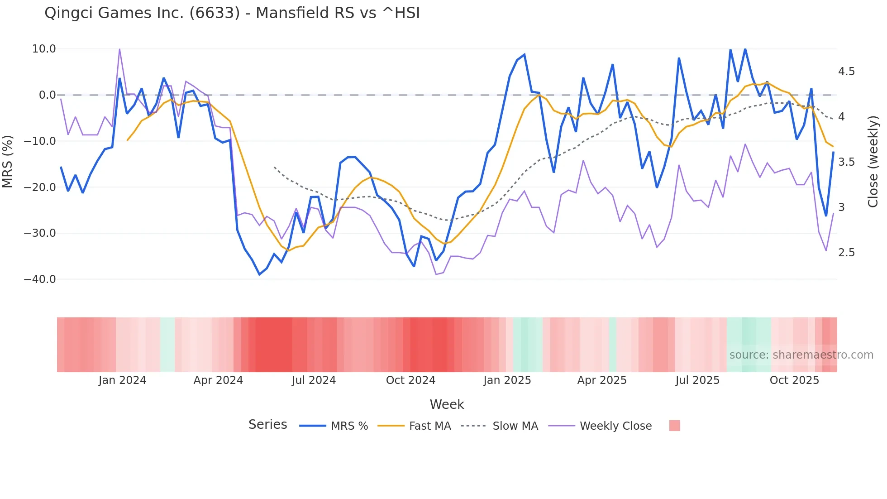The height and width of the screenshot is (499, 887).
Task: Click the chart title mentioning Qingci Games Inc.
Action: (x=232, y=13)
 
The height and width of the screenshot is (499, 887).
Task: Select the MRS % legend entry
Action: (x=334, y=426)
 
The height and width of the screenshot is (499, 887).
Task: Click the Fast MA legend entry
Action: (x=414, y=426)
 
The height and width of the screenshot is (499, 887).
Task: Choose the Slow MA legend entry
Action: (x=500, y=426)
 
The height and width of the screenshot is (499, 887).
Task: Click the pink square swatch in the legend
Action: (x=674, y=426)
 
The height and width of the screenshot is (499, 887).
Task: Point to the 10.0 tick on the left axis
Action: (x=44, y=49)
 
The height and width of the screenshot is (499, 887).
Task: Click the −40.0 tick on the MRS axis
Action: (x=40, y=279)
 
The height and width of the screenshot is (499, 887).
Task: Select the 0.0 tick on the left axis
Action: (x=47, y=95)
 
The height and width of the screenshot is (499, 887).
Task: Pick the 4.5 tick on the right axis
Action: (x=846, y=72)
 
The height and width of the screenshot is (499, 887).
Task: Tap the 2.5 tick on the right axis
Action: (x=846, y=253)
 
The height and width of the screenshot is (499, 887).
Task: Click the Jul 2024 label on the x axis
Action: (x=314, y=380)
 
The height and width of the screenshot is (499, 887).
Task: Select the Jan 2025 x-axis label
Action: (x=507, y=380)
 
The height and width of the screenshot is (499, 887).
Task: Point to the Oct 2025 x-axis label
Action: (x=794, y=380)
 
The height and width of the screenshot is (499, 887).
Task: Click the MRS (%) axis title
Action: (x=7, y=162)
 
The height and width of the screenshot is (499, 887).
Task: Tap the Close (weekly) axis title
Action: (x=873, y=162)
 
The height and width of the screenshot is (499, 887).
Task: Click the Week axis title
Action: (x=447, y=404)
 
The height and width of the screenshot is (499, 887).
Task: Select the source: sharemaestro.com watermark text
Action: (x=801, y=355)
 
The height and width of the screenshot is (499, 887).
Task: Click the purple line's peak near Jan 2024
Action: (x=119, y=49)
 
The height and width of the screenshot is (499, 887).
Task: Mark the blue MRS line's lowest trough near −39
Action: (x=259, y=274)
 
